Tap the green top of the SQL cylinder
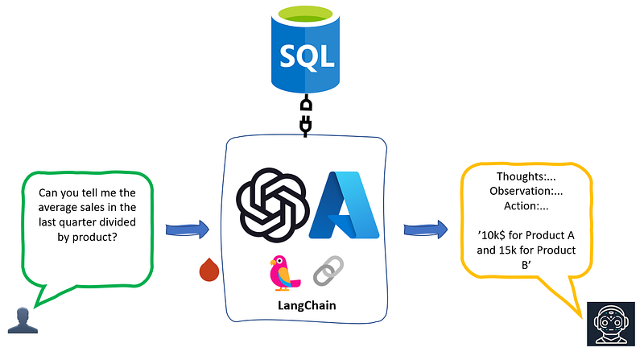coord(305,13)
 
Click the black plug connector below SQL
coord(306,115)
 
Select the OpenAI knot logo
coord(272,205)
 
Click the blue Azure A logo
coord(345,205)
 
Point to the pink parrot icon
coord(283,272)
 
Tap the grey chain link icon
coord(328,271)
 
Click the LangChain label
coord(307,305)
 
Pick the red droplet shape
coord(209,270)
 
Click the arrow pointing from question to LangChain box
coord(188,230)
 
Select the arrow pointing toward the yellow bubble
coord(426,230)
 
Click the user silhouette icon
coord(23,321)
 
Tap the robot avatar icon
coord(611,324)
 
